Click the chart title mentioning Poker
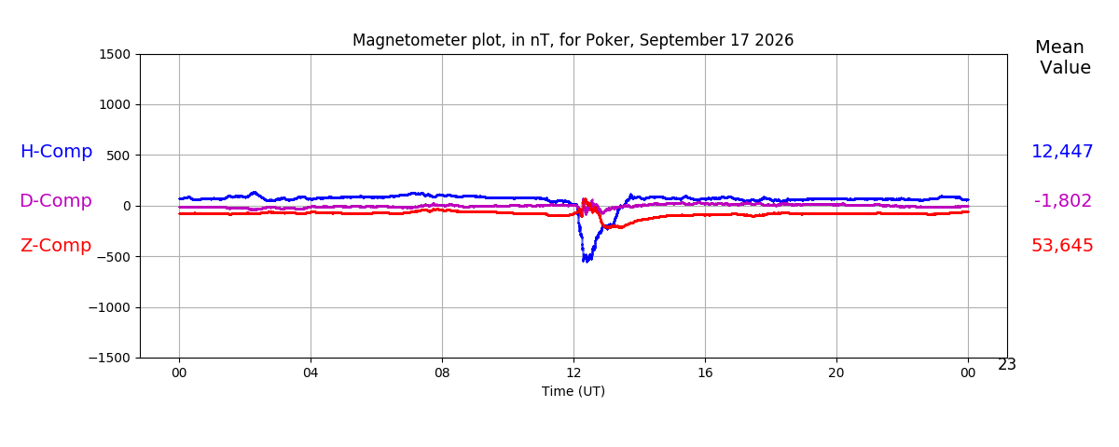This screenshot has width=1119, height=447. [573, 40]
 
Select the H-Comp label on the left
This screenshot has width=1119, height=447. [57, 151]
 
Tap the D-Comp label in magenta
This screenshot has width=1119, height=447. [56, 200]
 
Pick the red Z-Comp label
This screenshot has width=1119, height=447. [56, 246]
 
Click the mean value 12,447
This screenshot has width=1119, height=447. [1062, 152]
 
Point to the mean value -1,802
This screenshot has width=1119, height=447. [1063, 201]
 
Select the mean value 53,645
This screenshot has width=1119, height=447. [1062, 246]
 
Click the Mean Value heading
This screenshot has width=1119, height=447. [1062, 58]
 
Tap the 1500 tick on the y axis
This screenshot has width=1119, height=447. [115, 54]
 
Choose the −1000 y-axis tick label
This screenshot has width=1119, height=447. [110, 308]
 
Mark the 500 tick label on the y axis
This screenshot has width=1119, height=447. [118, 156]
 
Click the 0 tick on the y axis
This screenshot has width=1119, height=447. [127, 206]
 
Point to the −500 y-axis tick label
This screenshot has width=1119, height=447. [114, 257]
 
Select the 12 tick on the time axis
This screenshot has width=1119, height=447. [573, 372]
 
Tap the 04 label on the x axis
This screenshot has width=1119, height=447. [311, 372]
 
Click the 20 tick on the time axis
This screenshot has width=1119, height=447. [836, 372]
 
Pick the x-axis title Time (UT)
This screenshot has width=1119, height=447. [573, 391]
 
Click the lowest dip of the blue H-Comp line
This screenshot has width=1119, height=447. [585, 262]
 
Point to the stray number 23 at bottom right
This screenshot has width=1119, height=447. [1007, 365]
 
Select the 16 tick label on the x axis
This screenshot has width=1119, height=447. [705, 372]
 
